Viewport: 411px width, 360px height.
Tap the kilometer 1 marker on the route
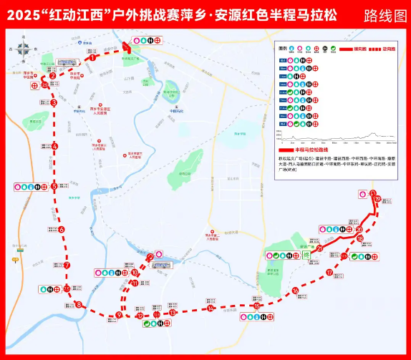pos(93,59)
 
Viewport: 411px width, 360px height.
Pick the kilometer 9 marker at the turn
pos(119,316)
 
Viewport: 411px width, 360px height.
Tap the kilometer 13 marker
pos(173,313)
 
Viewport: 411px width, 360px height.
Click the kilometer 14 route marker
pos(211,308)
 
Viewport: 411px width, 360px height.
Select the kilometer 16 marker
pos(295,290)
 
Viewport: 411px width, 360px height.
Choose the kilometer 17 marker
pos(329,272)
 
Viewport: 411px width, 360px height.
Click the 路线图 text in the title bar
pos(384,14)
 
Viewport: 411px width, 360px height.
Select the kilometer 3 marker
pos(54,103)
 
